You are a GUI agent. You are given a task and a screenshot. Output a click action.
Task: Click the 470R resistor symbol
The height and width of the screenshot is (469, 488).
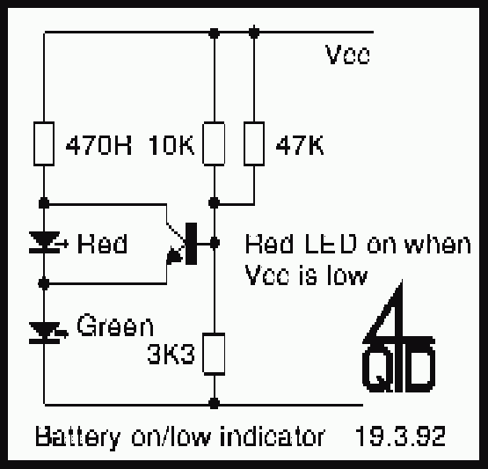(x=44, y=143)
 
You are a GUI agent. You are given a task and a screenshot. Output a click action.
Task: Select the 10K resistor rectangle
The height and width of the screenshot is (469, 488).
(x=214, y=143)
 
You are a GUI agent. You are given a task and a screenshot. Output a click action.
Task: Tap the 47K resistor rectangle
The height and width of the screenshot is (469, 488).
(x=254, y=143)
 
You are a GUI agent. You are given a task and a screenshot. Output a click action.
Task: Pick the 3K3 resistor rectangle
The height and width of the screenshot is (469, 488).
(x=214, y=354)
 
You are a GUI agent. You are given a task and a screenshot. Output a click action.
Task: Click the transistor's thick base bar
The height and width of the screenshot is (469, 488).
(x=191, y=244)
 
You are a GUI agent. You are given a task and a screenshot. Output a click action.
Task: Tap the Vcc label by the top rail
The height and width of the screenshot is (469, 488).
(x=347, y=55)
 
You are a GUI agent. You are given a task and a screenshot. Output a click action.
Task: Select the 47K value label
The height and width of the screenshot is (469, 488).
(x=300, y=145)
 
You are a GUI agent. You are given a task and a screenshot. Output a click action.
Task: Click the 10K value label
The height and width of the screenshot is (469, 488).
(x=171, y=145)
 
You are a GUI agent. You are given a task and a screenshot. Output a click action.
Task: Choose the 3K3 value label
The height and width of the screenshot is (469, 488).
(x=171, y=355)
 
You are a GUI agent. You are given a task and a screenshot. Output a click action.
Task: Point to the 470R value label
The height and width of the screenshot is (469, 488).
(x=98, y=145)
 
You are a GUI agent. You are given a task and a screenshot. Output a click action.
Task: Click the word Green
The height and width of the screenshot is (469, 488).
(x=115, y=325)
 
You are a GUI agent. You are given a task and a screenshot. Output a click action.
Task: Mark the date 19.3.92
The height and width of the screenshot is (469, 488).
(x=400, y=436)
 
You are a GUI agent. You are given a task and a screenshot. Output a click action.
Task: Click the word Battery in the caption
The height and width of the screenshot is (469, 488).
(x=77, y=438)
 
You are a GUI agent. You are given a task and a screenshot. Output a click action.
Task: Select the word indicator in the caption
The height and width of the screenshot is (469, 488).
(x=273, y=436)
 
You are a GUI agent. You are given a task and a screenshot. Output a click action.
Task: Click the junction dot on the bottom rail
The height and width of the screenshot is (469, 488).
(x=214, y=404)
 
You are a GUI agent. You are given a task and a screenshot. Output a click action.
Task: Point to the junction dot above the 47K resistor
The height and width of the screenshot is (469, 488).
(x=254, y=33)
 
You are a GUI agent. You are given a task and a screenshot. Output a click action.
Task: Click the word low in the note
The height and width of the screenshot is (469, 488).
(x=347, y=276)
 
